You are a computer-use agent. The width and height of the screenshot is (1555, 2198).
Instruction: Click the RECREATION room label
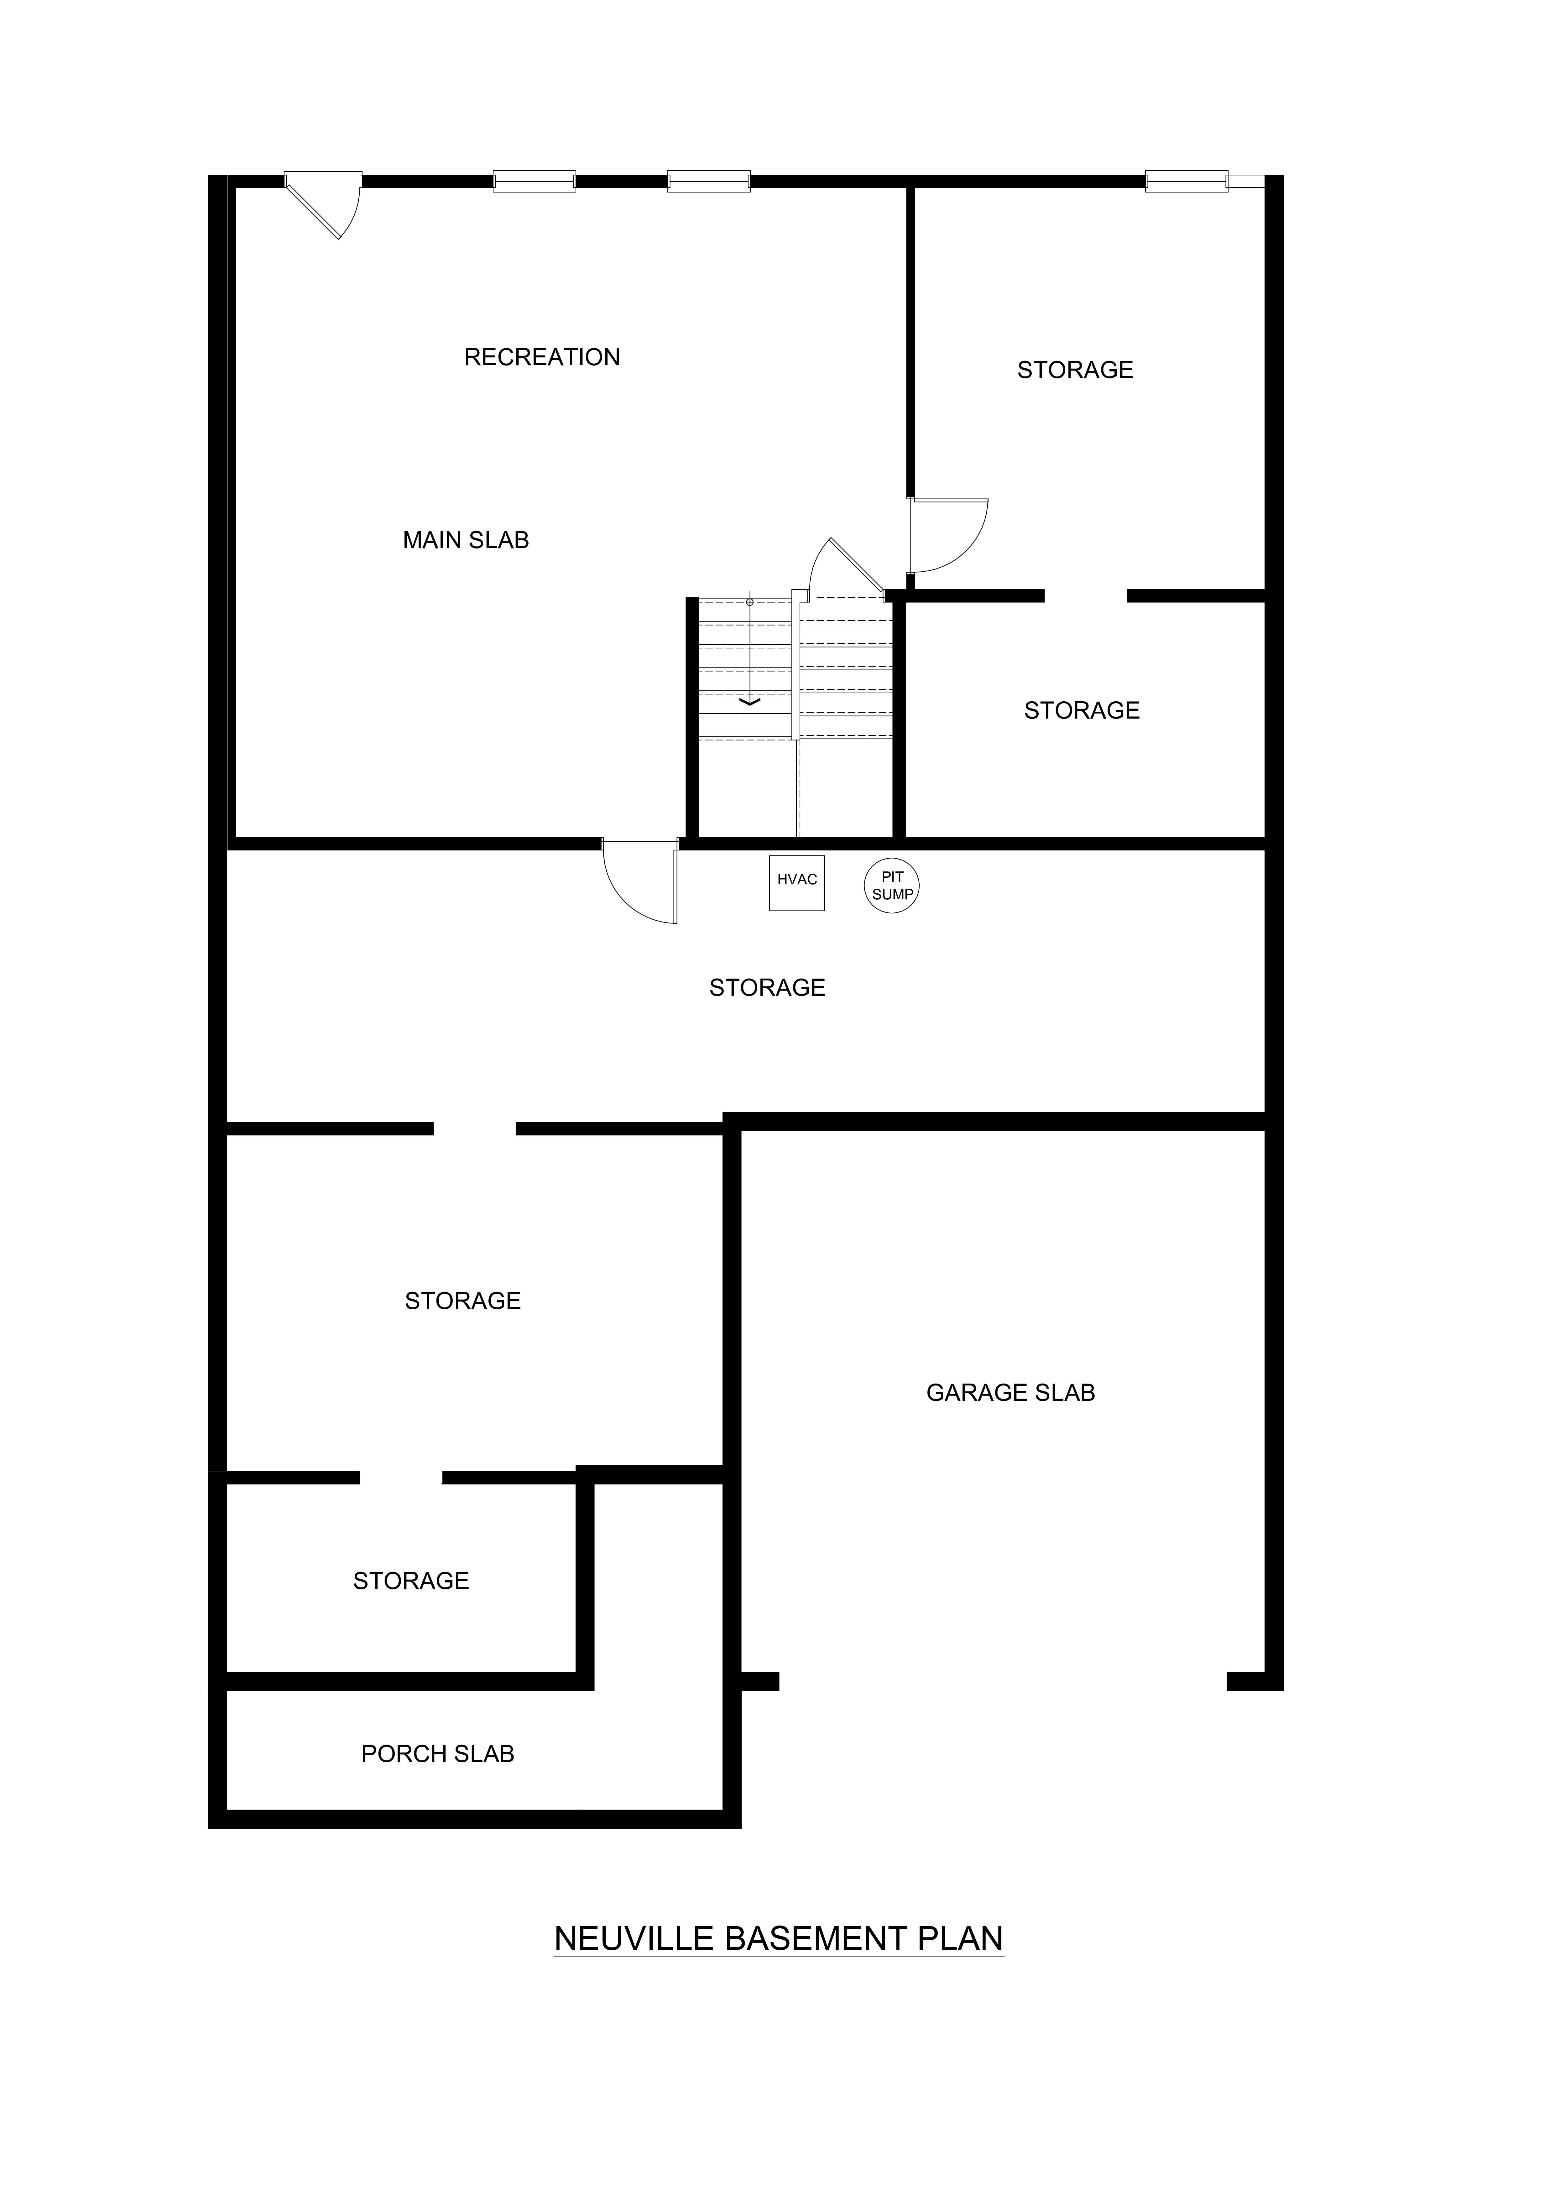click(x=542, y=357)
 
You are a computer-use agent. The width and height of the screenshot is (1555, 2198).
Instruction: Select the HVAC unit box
click(x=797, y=883)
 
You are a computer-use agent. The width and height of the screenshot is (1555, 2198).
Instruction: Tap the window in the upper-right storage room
click(x=1186, y=181)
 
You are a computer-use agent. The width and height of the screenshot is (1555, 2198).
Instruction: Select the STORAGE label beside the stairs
click(x=1082, y=710)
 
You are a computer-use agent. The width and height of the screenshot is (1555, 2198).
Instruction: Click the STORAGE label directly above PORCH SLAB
click(x=411, y=1582)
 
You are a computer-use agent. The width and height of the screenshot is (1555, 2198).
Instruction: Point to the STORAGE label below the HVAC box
click(x=767, y=988)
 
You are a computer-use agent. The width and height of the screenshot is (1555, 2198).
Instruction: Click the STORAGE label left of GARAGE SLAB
click(x=462, y=1301)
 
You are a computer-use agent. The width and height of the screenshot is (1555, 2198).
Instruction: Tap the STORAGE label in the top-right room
click(x=1075, y=371)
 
